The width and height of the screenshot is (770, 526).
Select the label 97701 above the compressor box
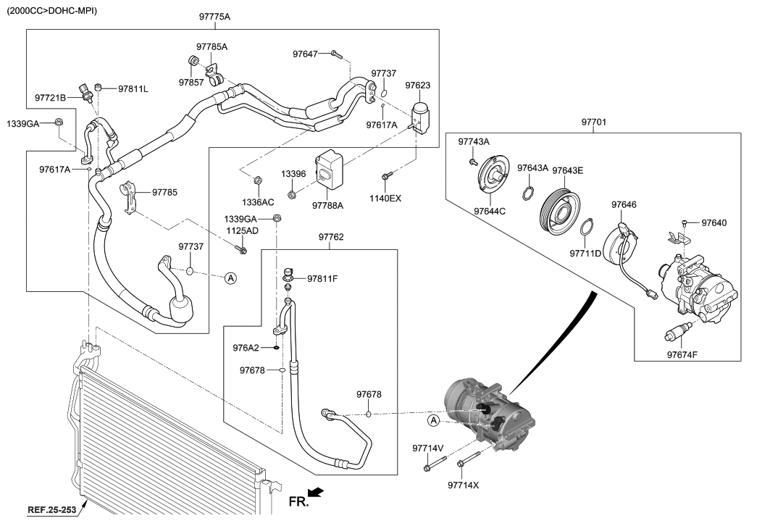pos(594,124)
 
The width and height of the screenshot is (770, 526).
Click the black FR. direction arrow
pos(315,493)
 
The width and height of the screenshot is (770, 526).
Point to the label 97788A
pos(327,206)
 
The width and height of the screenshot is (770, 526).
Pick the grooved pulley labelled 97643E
pos(559,209)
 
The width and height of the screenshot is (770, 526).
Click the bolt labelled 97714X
pos(469,462)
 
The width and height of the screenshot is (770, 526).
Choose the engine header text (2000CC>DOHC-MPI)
pos(51,11)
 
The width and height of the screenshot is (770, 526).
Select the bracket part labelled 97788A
pos(329,168)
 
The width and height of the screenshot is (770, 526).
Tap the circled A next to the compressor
pos(433,421)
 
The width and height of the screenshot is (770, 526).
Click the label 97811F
pos(323,277)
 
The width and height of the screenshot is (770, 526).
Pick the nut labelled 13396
pos(291,193)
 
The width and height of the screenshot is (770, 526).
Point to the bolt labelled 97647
pos(335,54)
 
